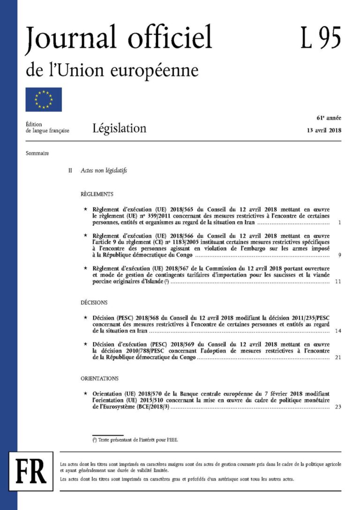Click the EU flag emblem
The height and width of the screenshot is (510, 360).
pos(44,99)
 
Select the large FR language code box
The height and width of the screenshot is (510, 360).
pos(31,471)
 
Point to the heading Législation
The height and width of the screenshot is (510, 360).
pos(119,128)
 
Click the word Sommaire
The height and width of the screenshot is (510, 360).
pos(38,153)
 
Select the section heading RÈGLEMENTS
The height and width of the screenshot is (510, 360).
pos(97,194)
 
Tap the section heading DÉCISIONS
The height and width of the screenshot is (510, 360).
pos(94,303)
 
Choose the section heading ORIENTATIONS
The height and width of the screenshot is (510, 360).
pos(100,378)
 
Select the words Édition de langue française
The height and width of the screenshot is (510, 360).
pos(48,127)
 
